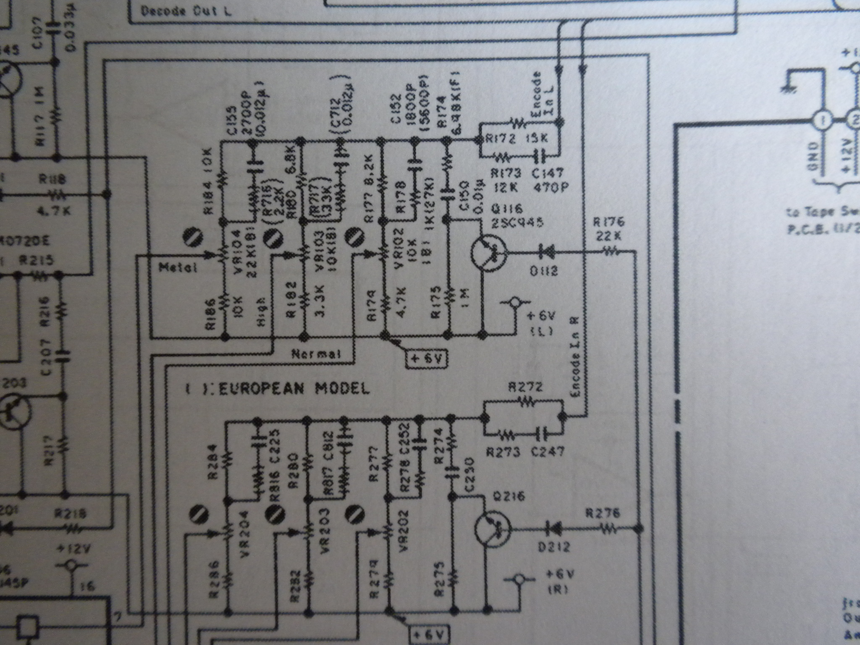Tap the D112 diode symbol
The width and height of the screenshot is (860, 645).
click(x=545, y=252)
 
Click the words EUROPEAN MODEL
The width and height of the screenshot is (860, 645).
click(x=294, y=388)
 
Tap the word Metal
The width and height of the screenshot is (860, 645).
click(x=178, y=267)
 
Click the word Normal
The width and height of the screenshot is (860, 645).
click(x=316, y=354)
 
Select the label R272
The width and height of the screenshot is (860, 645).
click(x=525, y=387)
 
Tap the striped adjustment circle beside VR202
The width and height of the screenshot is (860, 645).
click(x=355, y=514)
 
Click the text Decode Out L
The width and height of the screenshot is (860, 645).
click(x=186, y=11)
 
